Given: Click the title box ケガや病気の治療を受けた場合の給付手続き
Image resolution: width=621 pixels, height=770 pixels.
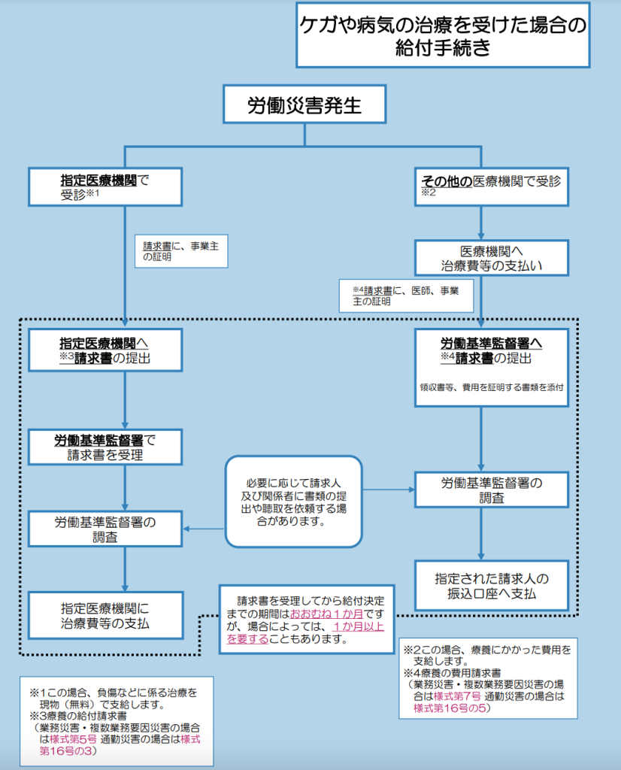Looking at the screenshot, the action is click(x=443, y=35).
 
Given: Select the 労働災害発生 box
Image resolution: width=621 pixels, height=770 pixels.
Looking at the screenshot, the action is click(x=304, y=104).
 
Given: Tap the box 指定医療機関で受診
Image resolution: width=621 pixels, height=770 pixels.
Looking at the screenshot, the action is click(x=105, y=186).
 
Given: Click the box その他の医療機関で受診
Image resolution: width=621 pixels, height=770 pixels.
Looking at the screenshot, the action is click(x=492, y=186).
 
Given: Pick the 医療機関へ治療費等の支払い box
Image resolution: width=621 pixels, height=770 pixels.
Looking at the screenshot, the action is click(x=492, y=258).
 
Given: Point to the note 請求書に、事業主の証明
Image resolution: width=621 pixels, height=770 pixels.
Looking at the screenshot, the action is click(x=181, y=251).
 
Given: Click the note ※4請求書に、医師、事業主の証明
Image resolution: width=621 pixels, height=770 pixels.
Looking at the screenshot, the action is click(x=406, y=296).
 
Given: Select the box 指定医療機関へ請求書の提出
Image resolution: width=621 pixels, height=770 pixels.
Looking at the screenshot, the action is click(x=105, y=350).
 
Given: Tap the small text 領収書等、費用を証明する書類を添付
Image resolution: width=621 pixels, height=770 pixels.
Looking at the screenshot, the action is click(x=492, y=387).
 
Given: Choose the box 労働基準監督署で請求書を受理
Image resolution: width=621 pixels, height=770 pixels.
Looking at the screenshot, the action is click(x=105, y=447).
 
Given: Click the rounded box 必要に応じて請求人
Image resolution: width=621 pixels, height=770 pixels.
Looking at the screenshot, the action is click(x=293, y=502).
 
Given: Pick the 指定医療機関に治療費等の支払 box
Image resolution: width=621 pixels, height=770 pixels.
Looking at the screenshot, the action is click(x=105, y=615).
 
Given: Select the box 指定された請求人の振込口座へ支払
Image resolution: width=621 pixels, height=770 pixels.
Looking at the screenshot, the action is click(x=492, y=586).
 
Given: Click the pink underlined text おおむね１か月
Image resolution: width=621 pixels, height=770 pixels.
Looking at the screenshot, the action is click(x=326, y=614).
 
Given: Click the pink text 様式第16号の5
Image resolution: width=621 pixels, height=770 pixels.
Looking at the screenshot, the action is click(x=450, y=708).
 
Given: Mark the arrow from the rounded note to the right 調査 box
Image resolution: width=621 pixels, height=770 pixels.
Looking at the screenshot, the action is click(x=389, y=490).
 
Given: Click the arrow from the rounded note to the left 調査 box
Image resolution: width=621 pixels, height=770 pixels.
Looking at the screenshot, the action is click(x=204, y=529).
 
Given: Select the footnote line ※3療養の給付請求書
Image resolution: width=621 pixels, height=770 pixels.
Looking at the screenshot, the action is click(x=78, y=716).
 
